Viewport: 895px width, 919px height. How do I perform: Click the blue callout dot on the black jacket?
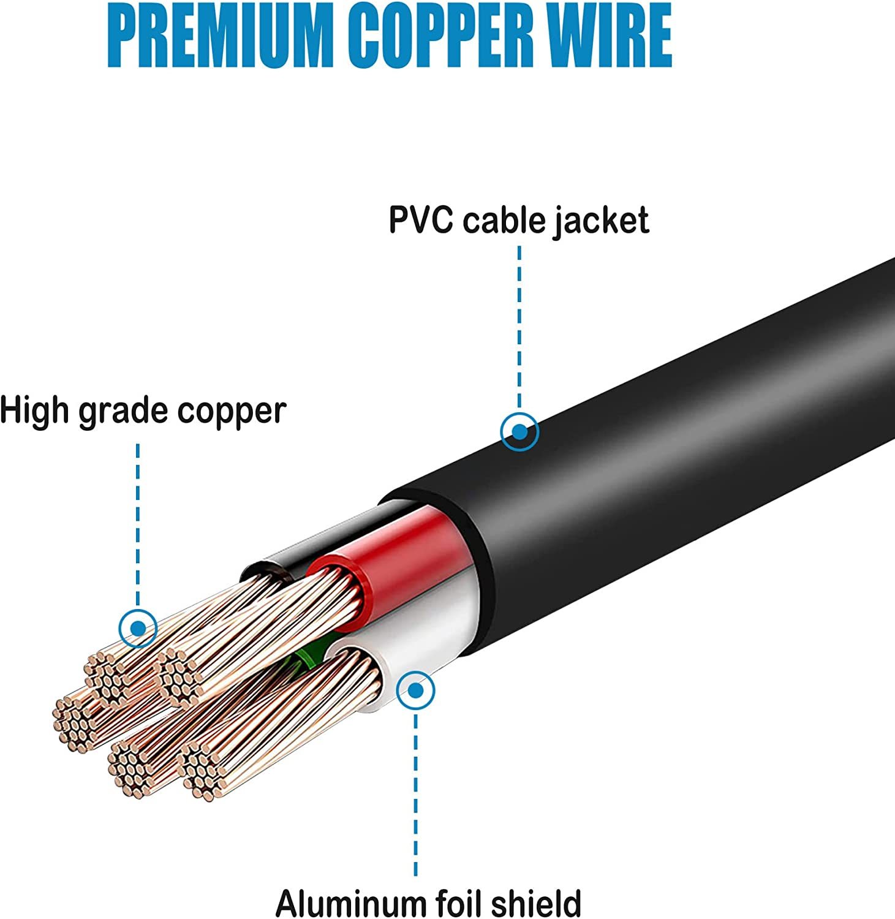click(x=519, y=431)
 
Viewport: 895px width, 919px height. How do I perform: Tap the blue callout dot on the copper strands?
click(x=138, y=628)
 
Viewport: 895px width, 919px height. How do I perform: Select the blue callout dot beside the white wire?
click(x=416, y=690)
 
